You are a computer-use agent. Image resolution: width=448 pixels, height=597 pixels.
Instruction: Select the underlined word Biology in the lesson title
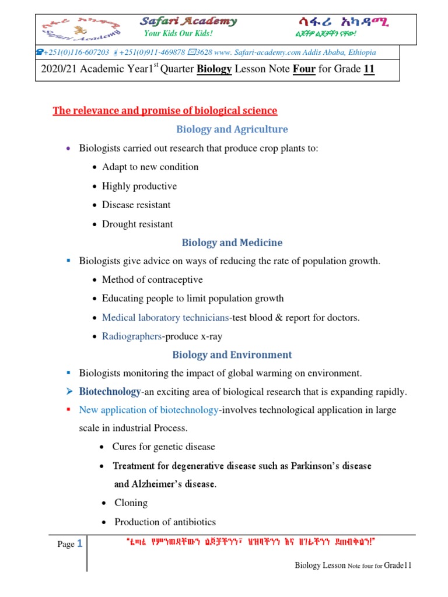click(x=215, y=69)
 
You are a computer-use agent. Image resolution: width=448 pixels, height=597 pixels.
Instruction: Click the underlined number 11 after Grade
click(x=369, y=69)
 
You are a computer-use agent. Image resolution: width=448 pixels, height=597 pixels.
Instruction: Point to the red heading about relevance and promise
click(x=165, y=111)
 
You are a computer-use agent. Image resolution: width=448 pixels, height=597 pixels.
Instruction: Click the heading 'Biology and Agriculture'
click(x=232, y=129)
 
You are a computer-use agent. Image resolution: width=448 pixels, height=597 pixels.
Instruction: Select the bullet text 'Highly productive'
click(x=139, y=186)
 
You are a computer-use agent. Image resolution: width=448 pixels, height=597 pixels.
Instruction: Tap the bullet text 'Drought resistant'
click(x=138, y=224)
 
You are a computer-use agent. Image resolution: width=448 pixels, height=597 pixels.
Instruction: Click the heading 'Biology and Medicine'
click(x=232, y=243)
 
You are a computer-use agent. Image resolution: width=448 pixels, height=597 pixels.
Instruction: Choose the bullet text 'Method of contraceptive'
click(x=152, y=280)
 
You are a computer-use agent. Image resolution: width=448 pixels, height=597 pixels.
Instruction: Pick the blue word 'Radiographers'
click(x=131, y=336)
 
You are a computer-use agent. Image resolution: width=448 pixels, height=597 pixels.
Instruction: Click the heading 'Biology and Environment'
click(x=232, y=355)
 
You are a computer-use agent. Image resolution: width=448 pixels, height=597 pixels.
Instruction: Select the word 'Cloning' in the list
click(x=131, y=503)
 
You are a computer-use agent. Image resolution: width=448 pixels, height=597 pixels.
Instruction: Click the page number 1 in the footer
click(x=80, y=544)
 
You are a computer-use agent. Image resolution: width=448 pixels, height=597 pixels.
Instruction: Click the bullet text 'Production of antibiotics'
click(x=165, y=522)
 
